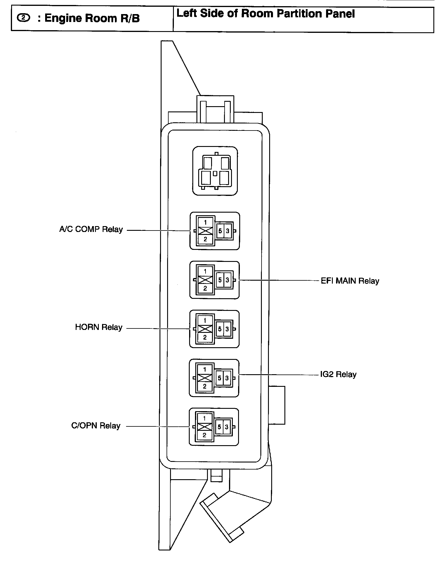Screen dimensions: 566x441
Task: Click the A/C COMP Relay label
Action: point(91,229)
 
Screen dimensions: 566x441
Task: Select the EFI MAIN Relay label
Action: point(350,281)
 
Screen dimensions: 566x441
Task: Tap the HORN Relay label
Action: point(99,327)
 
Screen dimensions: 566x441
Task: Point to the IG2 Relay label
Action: point(338,374)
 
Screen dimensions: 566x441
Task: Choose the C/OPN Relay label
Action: point(96,426)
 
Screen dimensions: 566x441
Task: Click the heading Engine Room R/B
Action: point(92,18)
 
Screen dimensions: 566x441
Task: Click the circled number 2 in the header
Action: point(23,18)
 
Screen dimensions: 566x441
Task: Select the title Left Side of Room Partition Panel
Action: point(266,14)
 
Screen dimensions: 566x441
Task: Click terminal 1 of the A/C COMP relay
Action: point(205,223)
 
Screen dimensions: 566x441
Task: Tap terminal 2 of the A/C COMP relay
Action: point(205,239)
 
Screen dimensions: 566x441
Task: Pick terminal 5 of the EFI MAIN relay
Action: point(220,280)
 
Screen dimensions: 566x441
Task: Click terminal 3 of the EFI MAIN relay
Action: point(227,280)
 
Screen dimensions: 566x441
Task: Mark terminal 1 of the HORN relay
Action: point(205,321)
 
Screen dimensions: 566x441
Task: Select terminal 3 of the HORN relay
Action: point(227,329)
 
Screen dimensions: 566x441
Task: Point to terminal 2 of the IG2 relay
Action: point(205,386)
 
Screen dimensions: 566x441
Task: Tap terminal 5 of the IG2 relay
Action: point(220,378)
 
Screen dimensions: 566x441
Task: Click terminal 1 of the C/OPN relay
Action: point(204,418)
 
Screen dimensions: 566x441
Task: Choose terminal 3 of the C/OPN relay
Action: point(227,427)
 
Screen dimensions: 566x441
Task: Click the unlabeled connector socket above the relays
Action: point(215,171)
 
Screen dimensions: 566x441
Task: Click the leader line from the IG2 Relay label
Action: point(279,374)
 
